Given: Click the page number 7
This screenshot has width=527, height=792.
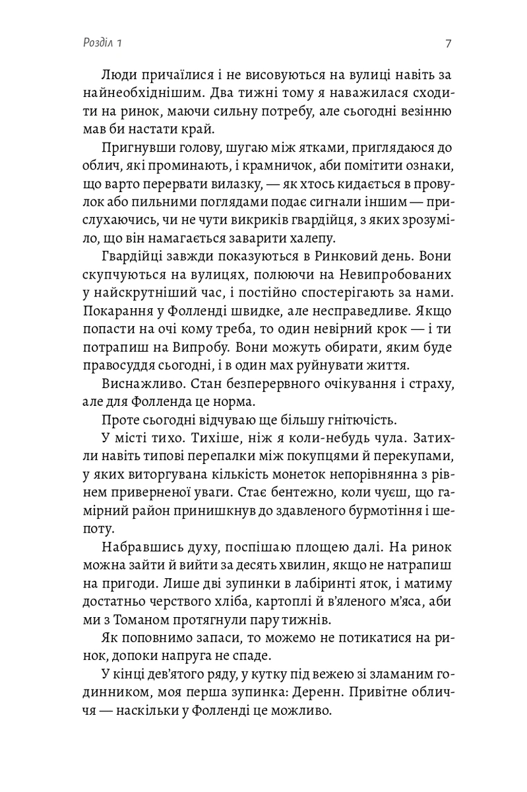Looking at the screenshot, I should (448, 44).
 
